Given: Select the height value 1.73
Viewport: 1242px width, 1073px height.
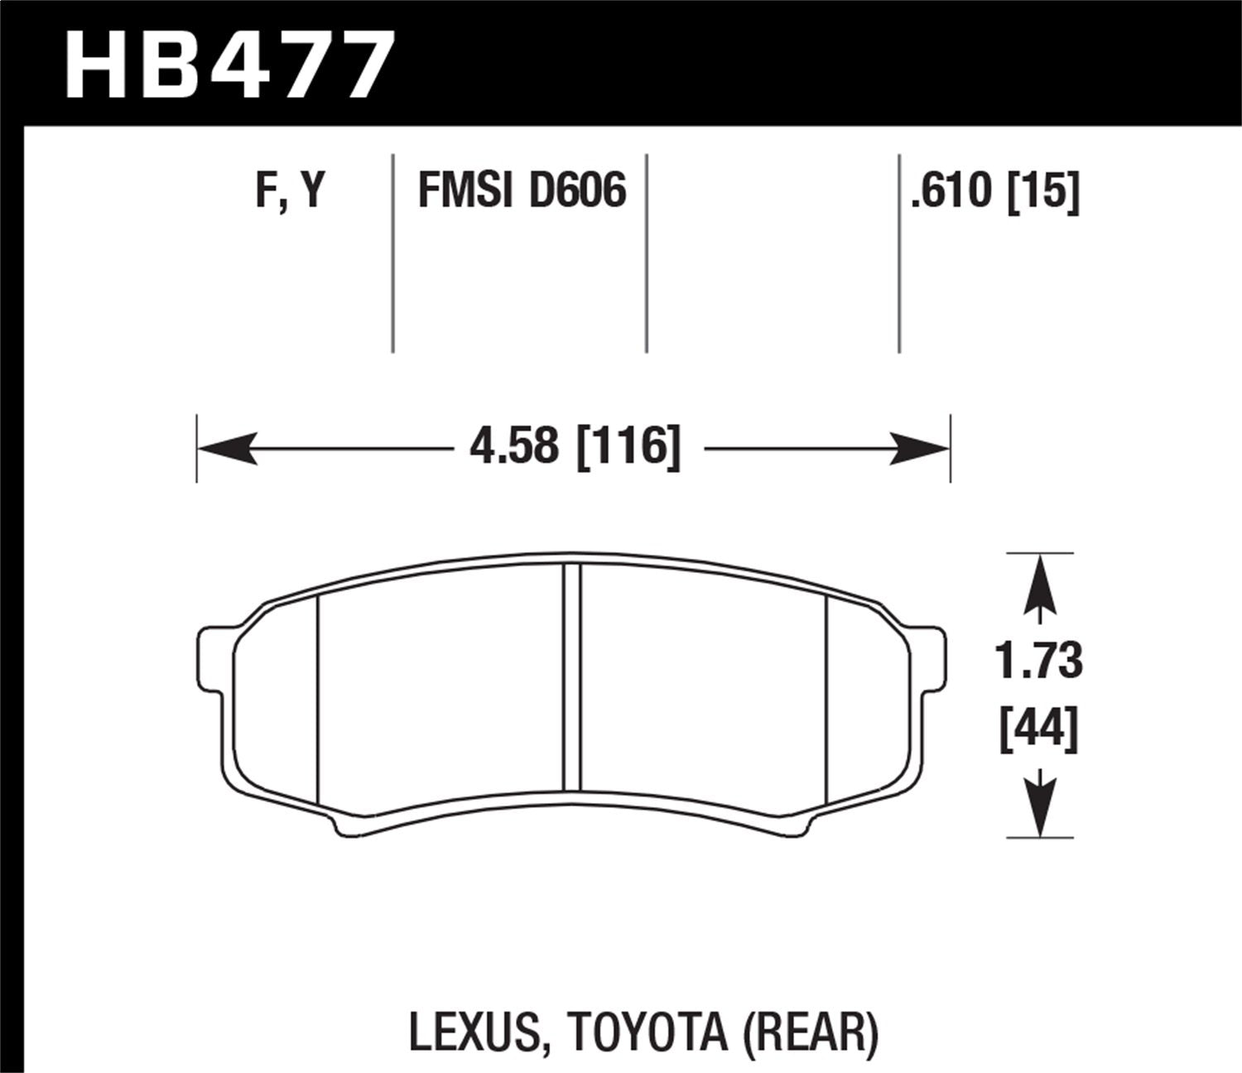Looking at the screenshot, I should pos(1038,662).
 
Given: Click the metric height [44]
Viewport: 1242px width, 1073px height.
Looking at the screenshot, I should pos(1038,729).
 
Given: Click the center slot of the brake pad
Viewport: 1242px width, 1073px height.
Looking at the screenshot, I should pos(571,677).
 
